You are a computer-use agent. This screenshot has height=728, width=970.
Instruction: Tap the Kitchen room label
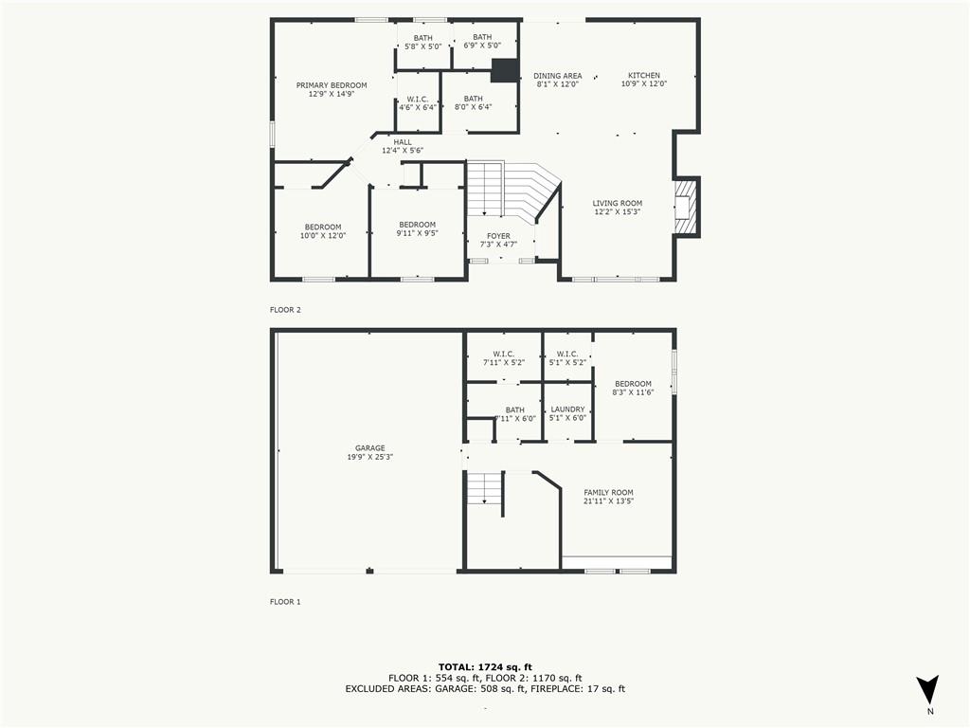pos(644,80)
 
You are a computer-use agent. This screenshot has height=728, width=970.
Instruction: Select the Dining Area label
pos(557,80)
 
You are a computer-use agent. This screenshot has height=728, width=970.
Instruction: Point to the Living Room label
pos(617,208)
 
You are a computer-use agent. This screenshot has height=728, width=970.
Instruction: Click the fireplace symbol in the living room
pos(683,207)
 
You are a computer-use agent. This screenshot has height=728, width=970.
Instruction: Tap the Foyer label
pos(498,241)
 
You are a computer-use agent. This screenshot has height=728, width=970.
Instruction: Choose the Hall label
pos(402,146)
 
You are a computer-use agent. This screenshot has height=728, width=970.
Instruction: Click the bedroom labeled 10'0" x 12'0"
pos(323,231)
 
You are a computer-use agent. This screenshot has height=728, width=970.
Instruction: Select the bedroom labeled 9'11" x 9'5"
pos(417,229)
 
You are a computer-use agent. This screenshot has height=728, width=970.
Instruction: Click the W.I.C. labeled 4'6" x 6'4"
pos(417,103)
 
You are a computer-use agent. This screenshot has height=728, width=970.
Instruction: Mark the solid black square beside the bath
pos(505,71)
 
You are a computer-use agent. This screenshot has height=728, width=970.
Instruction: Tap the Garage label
pos(369,452)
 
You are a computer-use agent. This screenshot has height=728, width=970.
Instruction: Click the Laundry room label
pos(567,413)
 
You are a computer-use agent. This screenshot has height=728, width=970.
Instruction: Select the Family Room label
pos(608,497)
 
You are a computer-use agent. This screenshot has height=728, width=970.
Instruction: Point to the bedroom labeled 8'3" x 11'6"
pos(632,388)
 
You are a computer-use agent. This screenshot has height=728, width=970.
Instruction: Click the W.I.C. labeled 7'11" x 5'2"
pos(503,358)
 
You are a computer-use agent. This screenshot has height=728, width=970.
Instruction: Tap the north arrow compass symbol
pos(928,689)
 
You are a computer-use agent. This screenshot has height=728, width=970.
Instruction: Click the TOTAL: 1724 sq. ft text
pos(485,666)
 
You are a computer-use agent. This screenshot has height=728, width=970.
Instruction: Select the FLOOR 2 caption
pos(285,310)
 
